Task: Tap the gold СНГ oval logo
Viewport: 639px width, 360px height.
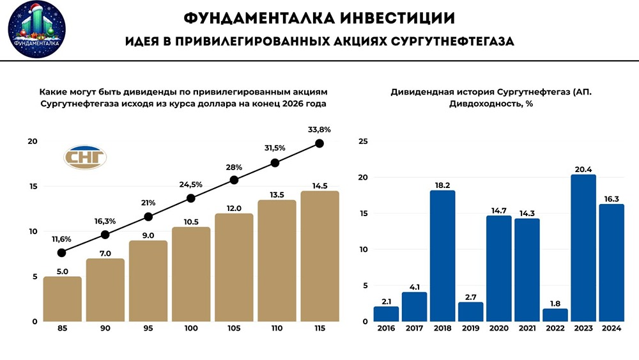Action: pos(85,157)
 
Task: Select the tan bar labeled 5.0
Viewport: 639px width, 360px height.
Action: pos(62,299)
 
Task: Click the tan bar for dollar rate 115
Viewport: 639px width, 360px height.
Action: pos(319,256)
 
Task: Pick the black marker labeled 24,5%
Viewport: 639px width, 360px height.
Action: pos(191,198)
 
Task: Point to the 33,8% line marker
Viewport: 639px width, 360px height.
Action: pos(319,144)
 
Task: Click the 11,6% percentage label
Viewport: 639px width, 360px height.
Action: pos(61,239)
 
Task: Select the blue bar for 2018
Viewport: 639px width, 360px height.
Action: pos(442,256)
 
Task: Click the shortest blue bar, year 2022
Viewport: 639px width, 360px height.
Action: pos(555,315)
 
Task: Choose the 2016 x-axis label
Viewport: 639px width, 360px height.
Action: pos(386,328)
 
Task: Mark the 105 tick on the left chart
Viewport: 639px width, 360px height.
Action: pos(234,328)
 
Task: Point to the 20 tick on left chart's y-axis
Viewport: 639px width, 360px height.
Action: pos(32,141)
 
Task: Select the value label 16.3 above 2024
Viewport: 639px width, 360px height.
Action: pos(611,199)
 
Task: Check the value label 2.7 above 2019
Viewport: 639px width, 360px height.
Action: pos(470,297)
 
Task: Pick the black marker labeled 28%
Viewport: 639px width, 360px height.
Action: pos(234,180)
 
